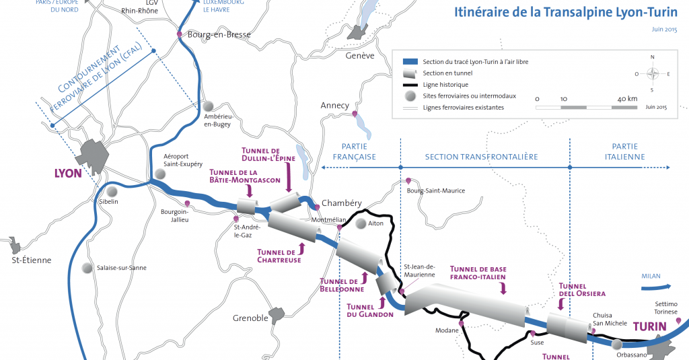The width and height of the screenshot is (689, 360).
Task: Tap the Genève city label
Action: point(359,56)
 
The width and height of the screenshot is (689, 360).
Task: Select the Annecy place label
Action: point(335,106)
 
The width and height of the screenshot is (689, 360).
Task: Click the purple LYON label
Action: point(68,173)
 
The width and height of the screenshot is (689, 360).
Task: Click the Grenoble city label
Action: point(250,318)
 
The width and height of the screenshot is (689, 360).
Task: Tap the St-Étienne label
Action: point(32,260)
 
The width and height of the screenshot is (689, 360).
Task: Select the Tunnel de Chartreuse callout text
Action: point(279,255)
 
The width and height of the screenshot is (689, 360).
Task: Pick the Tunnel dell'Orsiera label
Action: point(583,289)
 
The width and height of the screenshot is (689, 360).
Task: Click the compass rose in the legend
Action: point(651,75)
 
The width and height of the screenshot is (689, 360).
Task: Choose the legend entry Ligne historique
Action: point(445,85)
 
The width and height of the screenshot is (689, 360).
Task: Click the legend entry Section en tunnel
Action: point(447,73)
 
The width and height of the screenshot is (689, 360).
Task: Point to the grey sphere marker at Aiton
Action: point(361,223)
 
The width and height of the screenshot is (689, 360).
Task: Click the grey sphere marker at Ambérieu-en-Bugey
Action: point(209,106)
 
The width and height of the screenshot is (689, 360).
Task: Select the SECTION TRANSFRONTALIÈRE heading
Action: point(481,157)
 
